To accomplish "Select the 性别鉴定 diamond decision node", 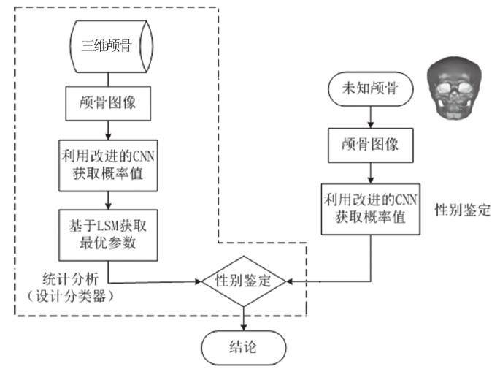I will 243,281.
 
